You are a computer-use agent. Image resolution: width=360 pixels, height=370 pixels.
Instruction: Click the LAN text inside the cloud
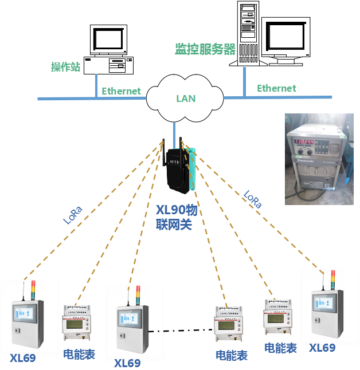click(x=186, y=99)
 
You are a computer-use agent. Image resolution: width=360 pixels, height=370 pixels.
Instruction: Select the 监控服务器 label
click(x=205, y=49)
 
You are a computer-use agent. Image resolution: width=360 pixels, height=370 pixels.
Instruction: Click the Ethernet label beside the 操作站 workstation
click(x=121, y=91)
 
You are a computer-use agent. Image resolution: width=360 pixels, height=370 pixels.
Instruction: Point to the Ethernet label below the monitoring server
click(x=276, y=88)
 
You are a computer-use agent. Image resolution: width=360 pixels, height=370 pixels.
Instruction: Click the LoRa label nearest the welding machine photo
click(x=252, y=199)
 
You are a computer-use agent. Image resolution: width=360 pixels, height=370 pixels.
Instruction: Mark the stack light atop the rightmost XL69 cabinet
click(x=332, y=280)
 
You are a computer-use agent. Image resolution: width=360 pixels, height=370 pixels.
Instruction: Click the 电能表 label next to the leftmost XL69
click(x=79, y=353)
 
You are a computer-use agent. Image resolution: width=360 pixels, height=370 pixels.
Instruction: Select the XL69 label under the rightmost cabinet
click(x=322, y=348)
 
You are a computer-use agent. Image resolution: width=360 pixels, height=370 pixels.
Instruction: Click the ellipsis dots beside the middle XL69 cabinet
click(x=156, y=332)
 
